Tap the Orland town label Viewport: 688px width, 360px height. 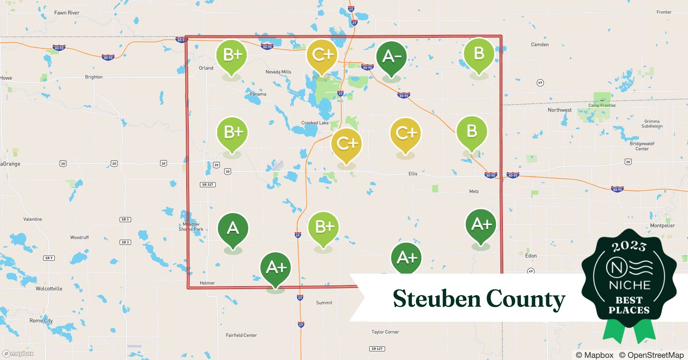point(206,68)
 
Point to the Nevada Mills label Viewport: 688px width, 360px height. point(278,72)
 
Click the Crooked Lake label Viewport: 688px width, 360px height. point(315,123)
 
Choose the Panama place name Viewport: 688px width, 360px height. point(258,94)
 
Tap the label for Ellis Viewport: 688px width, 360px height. point(413,174)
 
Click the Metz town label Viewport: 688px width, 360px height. point(474,192)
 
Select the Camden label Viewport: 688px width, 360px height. point(540,45)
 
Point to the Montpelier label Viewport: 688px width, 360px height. point(662,226)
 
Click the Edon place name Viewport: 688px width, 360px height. point(531,256)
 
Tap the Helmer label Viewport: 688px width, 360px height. point(207,283)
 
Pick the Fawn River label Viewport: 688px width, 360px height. point(67,13)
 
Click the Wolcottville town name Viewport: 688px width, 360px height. point(49,289)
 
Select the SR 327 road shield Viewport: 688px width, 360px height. point(207,185)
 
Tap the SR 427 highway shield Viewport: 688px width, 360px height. point(377,349)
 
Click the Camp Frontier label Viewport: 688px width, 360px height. point(602,105)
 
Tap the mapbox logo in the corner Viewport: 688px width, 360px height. point(18,354)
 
